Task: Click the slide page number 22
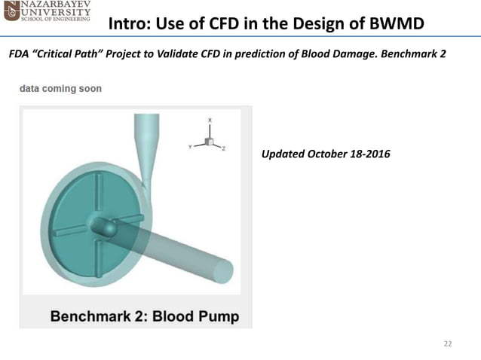448,343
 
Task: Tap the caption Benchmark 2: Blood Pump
144,316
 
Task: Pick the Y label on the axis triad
188,148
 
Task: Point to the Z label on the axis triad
224,149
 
